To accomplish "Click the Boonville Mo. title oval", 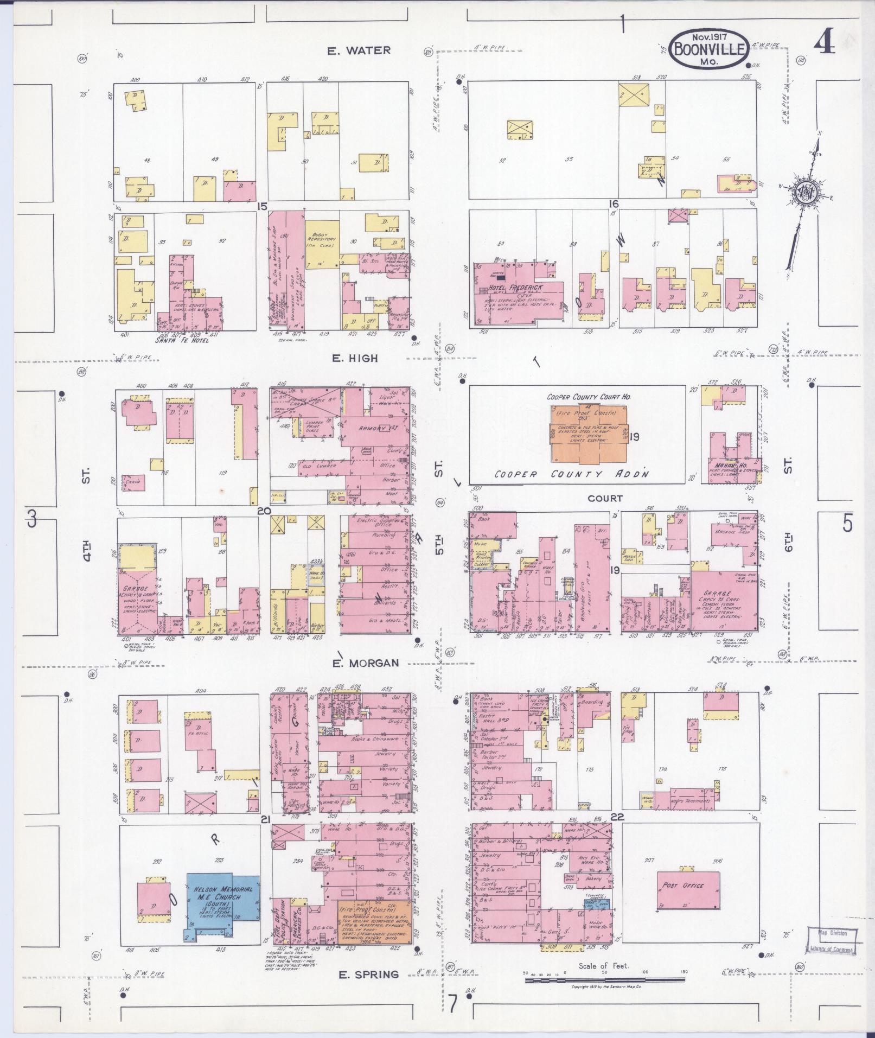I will [709, 48].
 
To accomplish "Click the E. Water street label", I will [359, 50].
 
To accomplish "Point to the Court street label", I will [605, 498].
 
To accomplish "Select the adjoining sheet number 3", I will [32, 520].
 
